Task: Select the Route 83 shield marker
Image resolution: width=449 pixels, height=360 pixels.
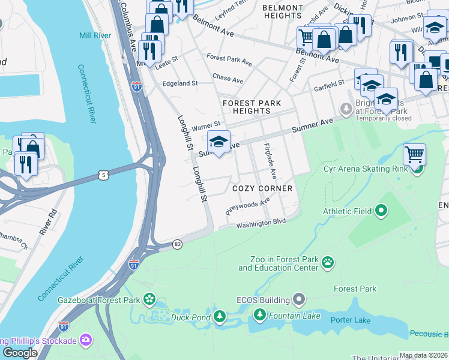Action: (177, 244)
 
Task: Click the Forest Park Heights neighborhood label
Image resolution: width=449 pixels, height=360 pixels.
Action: (252, 107)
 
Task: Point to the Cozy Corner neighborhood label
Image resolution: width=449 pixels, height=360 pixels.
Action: (262, 188)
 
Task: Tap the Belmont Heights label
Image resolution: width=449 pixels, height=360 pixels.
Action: (283, 11)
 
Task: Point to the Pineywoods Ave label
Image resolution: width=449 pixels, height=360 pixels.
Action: (247, 208)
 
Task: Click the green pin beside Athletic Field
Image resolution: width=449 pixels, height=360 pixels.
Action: (381, 211)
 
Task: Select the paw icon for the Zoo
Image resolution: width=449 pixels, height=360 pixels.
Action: (328, 262)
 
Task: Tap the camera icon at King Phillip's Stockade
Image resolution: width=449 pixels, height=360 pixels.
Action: (86, 341)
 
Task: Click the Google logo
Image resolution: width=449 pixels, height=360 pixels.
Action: (20, 353)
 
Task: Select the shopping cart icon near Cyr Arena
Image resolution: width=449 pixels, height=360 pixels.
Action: (414, 154)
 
